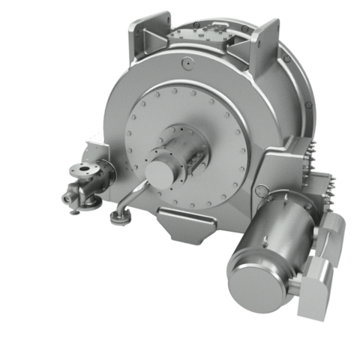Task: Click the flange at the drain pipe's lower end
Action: click(x=118, y=217)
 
